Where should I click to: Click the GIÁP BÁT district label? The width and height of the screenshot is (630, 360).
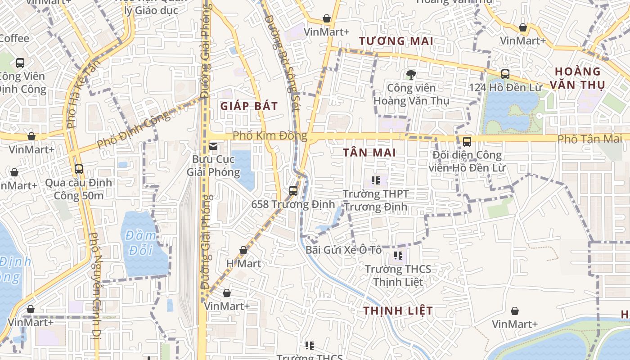point(249,106)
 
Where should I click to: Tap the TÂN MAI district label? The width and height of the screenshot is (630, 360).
point(369,153)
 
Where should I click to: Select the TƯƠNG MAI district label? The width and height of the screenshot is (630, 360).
point(396,41)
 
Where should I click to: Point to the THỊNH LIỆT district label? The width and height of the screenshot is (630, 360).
point(398,311)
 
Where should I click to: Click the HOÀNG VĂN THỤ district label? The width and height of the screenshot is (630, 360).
point(579,78)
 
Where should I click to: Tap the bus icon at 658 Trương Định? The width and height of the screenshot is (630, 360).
point(293,190)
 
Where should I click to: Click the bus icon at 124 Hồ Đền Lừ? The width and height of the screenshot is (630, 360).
point(505,74)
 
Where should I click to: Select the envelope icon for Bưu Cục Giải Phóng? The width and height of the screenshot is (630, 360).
point(213,146)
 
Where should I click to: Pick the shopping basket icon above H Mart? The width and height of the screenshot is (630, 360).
point(243,250)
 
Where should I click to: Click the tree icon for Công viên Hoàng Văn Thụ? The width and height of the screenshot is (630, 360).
point(411,74)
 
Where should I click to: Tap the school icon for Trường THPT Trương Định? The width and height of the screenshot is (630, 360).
point(376,181)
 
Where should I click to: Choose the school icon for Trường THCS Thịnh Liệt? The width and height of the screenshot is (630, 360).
point(398,256)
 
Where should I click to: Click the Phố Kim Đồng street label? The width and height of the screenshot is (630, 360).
point(270,136)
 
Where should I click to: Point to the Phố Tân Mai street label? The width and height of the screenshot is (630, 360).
point(590,139)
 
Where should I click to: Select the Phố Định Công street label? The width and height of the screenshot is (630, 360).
point(134,129)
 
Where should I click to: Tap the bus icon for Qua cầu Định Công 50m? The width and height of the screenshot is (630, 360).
point(79,169)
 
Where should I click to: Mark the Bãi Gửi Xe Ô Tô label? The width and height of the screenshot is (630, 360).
point(344,250)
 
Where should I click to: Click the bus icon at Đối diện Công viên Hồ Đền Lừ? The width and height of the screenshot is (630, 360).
point(467,142)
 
